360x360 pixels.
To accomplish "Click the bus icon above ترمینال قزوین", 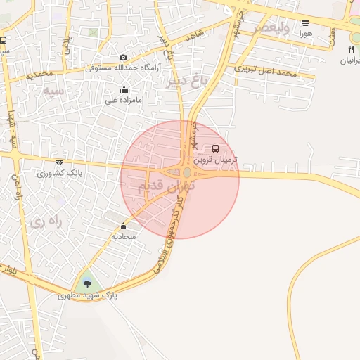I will pos(215,148).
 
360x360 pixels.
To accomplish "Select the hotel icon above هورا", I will pos(305,22).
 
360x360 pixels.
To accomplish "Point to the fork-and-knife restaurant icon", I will pos(351,49).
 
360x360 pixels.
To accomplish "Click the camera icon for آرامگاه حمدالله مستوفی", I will pos(124,58).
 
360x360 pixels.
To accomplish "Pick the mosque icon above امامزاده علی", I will pos(124,89).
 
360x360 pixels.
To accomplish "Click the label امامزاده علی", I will pos(124,100).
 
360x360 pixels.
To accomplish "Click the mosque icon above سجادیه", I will pos(124,226).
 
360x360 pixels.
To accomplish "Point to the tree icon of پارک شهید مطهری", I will pos(87,283).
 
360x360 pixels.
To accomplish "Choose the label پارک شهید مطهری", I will pos(87,297).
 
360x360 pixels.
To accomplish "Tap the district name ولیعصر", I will pos(256,27).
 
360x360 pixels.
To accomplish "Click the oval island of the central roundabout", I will pos(186,172).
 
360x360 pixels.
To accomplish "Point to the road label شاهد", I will pos(193,37).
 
